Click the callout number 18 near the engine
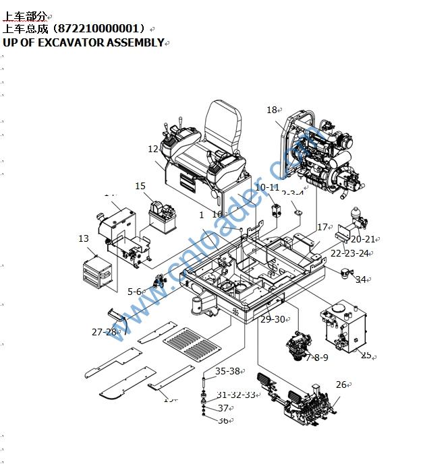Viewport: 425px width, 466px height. pyautogui.click(x=271, y=110)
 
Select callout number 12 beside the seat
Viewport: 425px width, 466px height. pyautogui.click(x=153, y=149)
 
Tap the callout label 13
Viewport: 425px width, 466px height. pyautogui.click(x=84, y=238)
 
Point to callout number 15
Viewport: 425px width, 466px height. pyautogui.click(x=140, y=187)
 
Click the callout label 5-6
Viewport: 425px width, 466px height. pyautogui.click(x=135, y=292)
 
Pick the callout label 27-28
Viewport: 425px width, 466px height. pyautogui.click(x=105, y=332)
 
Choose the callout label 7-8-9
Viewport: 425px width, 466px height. pyautogui.click(x=316, y=358)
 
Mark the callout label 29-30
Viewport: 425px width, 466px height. pyautogui.click(x=273, y=319)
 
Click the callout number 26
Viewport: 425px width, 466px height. pyautogui.click(x=341, y=385)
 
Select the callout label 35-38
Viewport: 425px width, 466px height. pyautogui.click(x=227, y=371)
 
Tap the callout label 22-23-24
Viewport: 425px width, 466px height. pyautogui.click(x=349, y=253)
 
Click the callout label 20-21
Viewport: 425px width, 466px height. pyautogui.click(x=362, y=239)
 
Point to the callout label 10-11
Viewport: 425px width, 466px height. pyautogui.click(x=266, y=187)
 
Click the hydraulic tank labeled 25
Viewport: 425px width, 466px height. pyautogui.click(x=341, y=328)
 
